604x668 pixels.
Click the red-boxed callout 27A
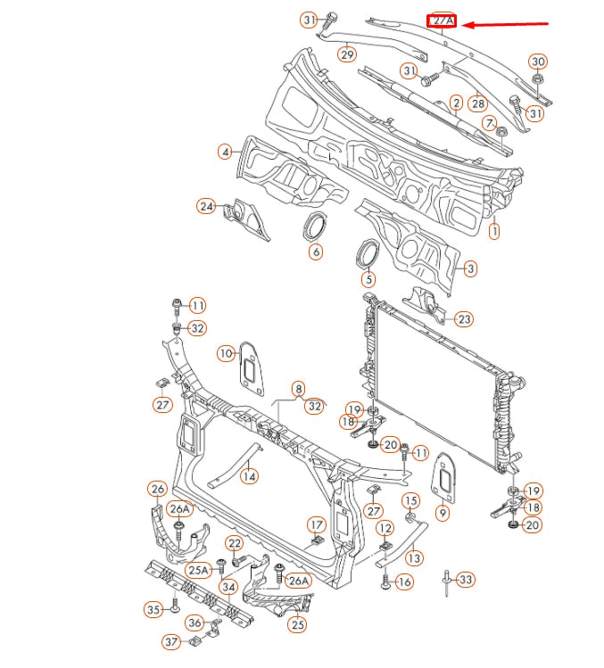pyautogui.click(x=443, y=21)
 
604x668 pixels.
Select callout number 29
pyautogui.click(x=347, y=55)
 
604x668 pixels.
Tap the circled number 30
pyautogui.click(x=537, y=62)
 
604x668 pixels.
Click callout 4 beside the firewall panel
pyautogui.click(x=226, y=152)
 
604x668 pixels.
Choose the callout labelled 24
pyautogui.click(x=207, y=207)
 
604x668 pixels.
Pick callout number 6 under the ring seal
pyautogui.click(x=316, y=252)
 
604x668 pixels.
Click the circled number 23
pyautogui.click(x=464, y=319)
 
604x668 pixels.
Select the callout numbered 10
pyautogui.click(x=227, y=354)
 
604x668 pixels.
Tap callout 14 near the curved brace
pyautogui.click(x=249, y=476)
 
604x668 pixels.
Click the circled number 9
pyautogui.click(x=443, y=513)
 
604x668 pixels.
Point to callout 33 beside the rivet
pyautogui.click(x=466, y=580)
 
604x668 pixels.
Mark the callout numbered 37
pyautogui.click(x=171, y=641)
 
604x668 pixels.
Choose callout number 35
pyautogui.click(x=153, y=610)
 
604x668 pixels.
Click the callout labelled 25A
pyautogui.click(x=198, y=569)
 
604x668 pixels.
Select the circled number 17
pyautogui.click(x=316, y=524)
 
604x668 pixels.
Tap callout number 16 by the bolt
pyautogui.click(x=404, y=582)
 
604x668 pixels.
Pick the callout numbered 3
pyautogui.click(x=470, y=268)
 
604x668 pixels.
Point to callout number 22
pyautogui.click(x=234, y=543)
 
